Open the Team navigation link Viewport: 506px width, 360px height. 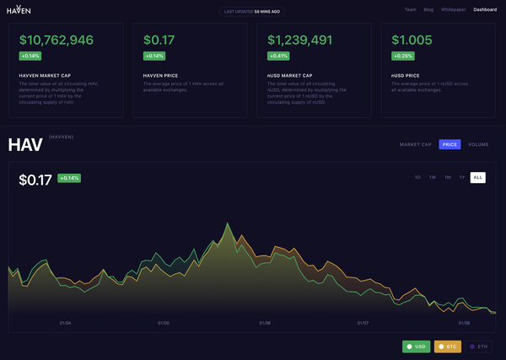[411, 9]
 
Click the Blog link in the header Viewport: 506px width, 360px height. [428, 9]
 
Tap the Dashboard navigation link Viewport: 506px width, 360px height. [485, 9]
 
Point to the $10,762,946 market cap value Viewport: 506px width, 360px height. [56, 40]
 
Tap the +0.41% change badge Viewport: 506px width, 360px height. [278, 56]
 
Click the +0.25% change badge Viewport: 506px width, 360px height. [403, 56]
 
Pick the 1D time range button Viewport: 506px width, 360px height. [417, 177]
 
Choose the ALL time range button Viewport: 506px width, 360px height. [478, 177]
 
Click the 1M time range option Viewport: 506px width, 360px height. [447, 177]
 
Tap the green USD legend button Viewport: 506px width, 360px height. [416, 347]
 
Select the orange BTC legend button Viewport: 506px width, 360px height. [447, 347]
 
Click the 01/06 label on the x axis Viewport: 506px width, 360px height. [265, 323]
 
